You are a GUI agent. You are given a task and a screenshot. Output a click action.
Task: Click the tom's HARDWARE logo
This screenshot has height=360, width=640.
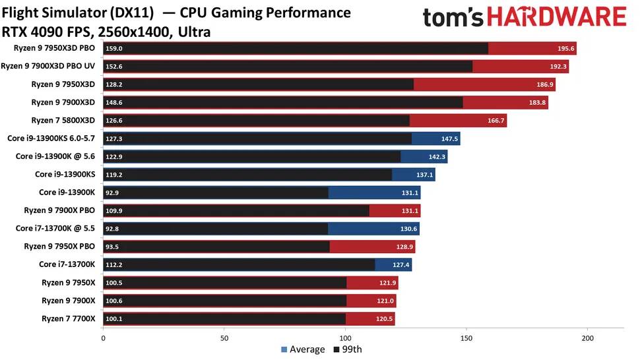[x=524, y=18]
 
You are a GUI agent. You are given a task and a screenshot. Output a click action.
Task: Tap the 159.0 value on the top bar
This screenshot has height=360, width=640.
[x=114, y=48]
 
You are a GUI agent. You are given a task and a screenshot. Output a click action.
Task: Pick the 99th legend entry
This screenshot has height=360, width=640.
[x=348, y=349]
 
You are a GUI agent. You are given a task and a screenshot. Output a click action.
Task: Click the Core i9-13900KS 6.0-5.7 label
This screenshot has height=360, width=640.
[x=51, y=138]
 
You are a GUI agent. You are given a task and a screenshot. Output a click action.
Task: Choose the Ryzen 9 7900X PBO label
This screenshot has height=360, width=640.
[x=59, y=210]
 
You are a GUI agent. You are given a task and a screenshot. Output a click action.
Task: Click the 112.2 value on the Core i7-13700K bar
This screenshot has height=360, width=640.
[x=114, y=264]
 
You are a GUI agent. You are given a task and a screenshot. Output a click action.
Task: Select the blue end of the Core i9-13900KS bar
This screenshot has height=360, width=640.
[x=414, y=175]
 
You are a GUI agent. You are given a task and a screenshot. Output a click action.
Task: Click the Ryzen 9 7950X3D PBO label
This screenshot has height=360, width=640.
[x=55, y=48]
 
